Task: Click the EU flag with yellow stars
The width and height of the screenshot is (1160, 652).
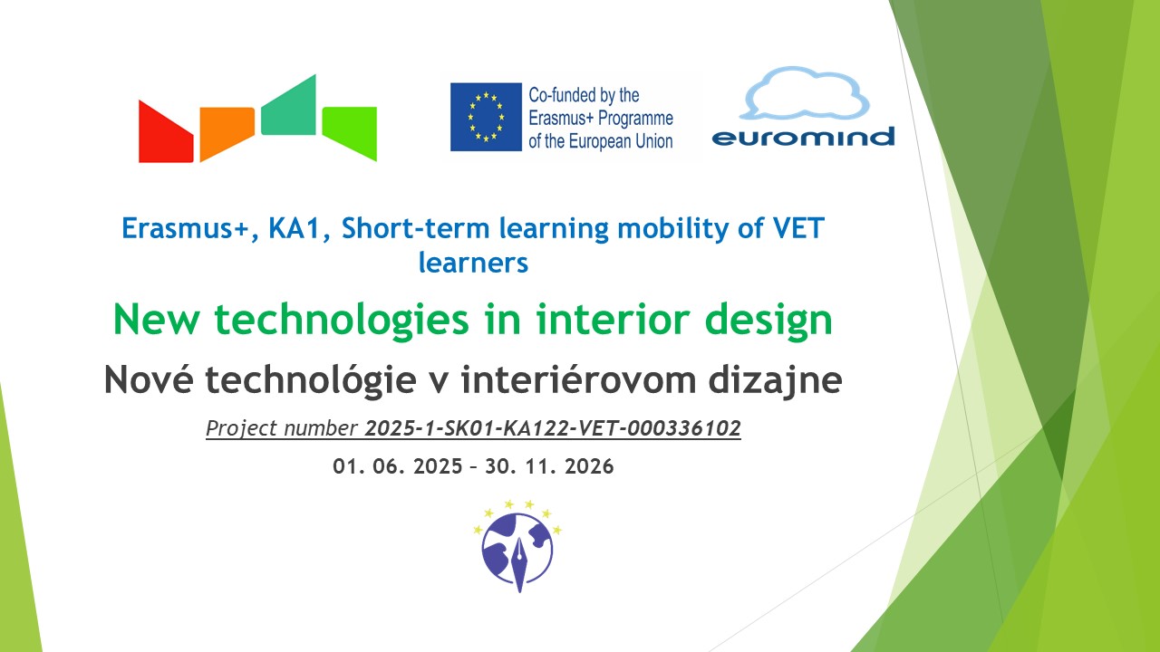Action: click(x=486, y=117)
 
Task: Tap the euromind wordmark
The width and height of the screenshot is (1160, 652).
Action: click(x=803, y=137)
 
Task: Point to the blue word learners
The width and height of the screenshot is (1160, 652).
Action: click(x=473, y=262)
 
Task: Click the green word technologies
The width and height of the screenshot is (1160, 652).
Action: click(x=342, y=321)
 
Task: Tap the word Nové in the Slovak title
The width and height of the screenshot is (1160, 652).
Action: click(x=150, y=379)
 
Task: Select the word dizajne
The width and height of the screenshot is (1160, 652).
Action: click(x=775, y=380)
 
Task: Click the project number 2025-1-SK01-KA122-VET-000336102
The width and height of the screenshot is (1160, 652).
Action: click(x=553, y=428)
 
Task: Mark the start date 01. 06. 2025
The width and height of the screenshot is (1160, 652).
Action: click(x=397, y=466)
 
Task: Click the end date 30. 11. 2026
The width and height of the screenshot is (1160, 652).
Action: click(x=549, y=466)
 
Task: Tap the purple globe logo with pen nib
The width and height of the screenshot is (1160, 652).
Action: click(x=517, y=546)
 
